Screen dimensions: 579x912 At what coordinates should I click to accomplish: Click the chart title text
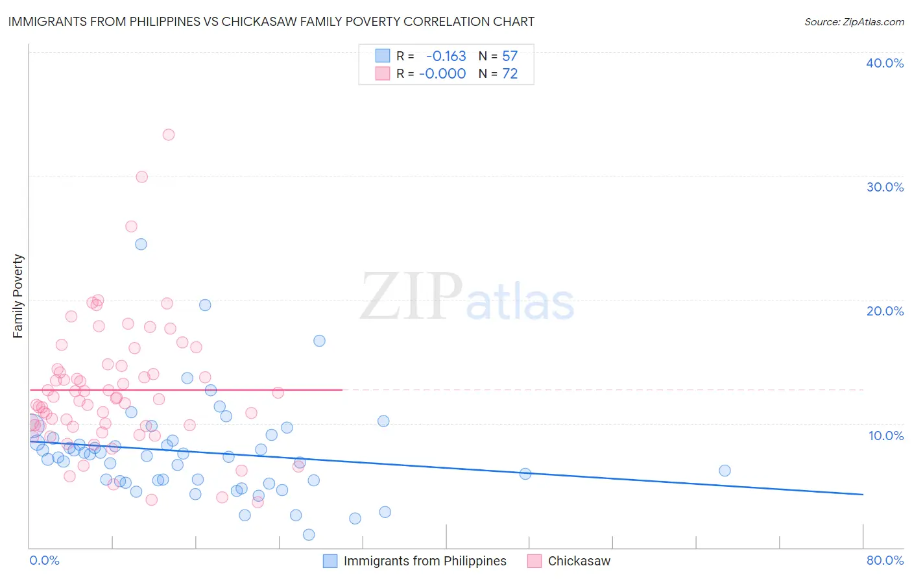point(271,21)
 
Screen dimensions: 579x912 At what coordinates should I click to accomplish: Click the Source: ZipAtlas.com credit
point(854,22)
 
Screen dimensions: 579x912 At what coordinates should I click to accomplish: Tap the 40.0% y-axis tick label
point(885,63)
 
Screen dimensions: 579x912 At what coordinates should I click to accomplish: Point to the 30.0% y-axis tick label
point(885,187)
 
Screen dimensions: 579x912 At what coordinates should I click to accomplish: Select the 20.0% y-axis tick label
point(885,311)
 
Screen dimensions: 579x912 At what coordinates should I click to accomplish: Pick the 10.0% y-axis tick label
point(886,436)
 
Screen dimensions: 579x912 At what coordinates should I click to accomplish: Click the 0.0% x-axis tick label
point(44,560)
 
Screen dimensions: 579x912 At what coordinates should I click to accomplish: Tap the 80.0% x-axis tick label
point(885,560)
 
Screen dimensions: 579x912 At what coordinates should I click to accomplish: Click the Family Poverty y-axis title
point(18,296)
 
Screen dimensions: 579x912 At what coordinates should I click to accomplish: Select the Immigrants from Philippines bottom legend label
point(425,561)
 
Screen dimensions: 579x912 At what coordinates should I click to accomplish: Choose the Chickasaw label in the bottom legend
point(579,561)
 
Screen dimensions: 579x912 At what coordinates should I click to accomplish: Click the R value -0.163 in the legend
point(446,56)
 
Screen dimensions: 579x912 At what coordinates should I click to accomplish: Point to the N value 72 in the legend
point(510,74)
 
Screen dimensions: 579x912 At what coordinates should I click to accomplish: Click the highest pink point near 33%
point(169,135)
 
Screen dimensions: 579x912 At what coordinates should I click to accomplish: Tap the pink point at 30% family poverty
point(142,177)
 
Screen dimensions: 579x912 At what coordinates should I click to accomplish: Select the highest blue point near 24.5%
point(141,244)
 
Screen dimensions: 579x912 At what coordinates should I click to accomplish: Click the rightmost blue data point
point(725,471)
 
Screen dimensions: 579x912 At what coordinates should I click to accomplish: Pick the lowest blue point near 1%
point(309,535)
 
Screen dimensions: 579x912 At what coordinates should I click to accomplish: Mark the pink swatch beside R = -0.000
point(383,74)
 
